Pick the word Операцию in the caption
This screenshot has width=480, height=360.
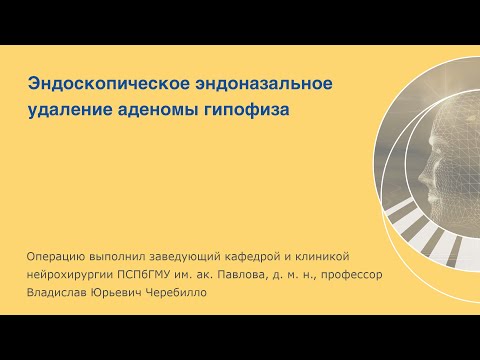pyautogui.click(x=60, y=257)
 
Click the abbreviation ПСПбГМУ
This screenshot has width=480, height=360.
pyautogui.click(x=163, y=275)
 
